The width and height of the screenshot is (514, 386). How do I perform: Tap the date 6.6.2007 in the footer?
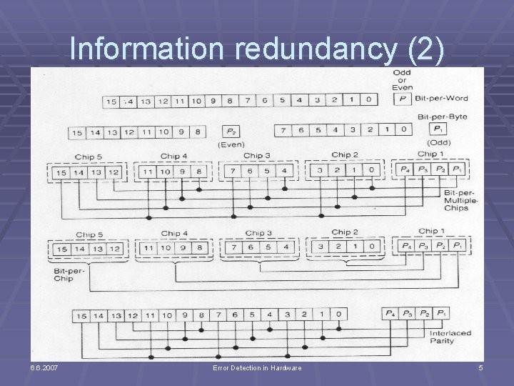(44, 367)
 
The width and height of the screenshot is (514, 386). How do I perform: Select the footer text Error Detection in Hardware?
(257, 367)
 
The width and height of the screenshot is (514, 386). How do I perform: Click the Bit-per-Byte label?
(436, 117)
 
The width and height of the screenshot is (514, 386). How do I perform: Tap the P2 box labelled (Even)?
(232, 132)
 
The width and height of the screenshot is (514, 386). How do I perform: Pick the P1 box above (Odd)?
(435, 129)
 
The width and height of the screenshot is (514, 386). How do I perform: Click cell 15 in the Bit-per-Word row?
(111, 102)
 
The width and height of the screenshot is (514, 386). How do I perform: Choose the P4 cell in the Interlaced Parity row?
(389, 315)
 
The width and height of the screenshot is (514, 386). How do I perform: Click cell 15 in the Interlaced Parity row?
(81, 315)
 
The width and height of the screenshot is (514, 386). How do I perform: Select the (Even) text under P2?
(232, 145)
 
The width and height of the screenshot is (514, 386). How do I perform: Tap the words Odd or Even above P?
(401, 80)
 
